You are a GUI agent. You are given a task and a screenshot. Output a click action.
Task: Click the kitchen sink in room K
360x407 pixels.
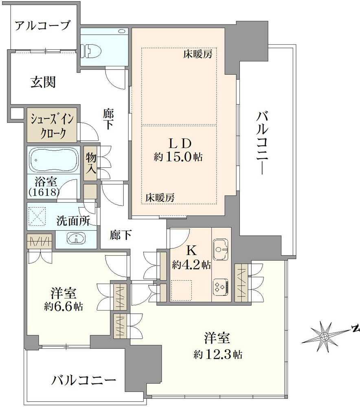pyautogui.click(x=221, y=247)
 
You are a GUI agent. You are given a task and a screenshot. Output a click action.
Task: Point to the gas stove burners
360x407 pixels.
pyautogui.click(x=221, y=287)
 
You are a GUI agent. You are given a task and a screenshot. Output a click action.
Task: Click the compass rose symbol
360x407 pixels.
pyautogui.click(x=324, y=337)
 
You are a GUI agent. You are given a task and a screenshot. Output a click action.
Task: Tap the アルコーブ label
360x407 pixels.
pyautogui.click(x=43, y=26)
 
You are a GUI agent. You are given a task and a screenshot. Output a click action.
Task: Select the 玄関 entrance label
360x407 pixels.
pyautogui.click(x=43, y=83)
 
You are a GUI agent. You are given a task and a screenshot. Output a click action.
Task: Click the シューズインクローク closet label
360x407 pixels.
pyautogui.click(x=52, y=127)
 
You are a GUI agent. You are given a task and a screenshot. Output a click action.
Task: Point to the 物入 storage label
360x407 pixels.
pyautogui.click(x=90, y=163)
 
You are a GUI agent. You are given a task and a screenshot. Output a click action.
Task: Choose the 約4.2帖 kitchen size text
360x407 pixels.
pyautogui.click(x=191, y=265)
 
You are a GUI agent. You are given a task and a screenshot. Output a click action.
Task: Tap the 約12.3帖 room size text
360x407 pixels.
pyautogui.click(x=217, y=354)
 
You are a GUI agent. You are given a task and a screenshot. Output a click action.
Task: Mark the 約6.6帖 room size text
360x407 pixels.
pyautogui.click(x=64, y=306)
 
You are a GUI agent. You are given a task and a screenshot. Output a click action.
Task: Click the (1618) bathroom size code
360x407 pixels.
pyautogui.click(x=44, y=192)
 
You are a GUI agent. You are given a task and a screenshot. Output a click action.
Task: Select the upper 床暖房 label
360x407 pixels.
pyautogui.click(x=198, y=54)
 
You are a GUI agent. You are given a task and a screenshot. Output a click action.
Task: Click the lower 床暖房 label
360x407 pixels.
pyautogui.click(x=160, y=198)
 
